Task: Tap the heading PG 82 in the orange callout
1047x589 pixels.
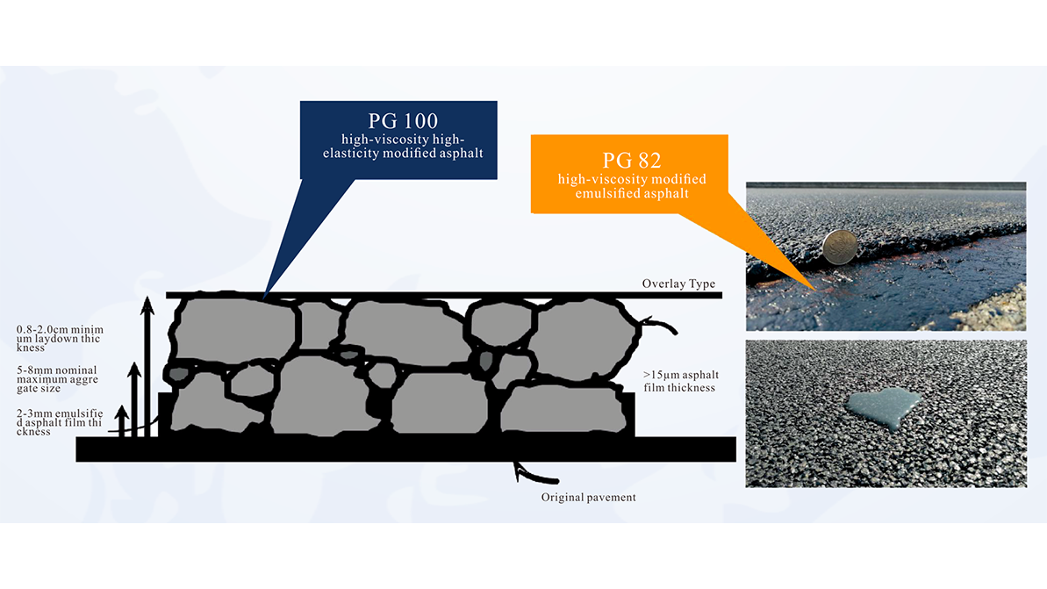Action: [631, 161]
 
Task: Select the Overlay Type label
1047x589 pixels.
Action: [678, 284]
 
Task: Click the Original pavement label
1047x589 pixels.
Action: [588, 498]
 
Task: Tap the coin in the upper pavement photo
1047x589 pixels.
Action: [840, 247]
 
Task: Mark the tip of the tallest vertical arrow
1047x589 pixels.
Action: [147, 301]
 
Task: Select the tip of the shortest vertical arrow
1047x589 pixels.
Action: [122, 409]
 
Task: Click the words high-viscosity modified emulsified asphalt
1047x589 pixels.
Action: [631, 186]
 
